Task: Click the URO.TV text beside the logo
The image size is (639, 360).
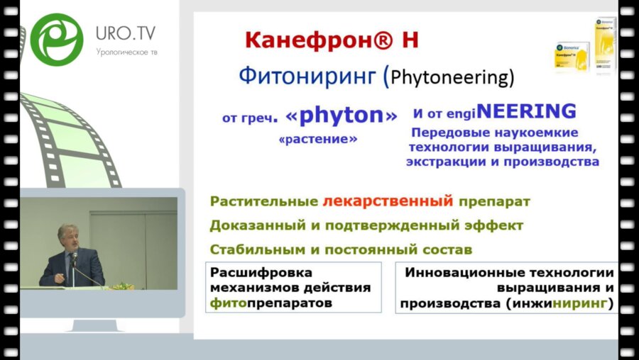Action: pyautogui.click(x=126, y=33)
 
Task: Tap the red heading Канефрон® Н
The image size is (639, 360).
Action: pyautogui.click(x=332, y=40)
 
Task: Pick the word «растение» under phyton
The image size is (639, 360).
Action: pyautogui.click(x=318, y=139)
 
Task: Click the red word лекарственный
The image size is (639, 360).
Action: pyautogui.click(x=387, y=201)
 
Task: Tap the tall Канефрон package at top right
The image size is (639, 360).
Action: pyautogui.click(x=605, y=45)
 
